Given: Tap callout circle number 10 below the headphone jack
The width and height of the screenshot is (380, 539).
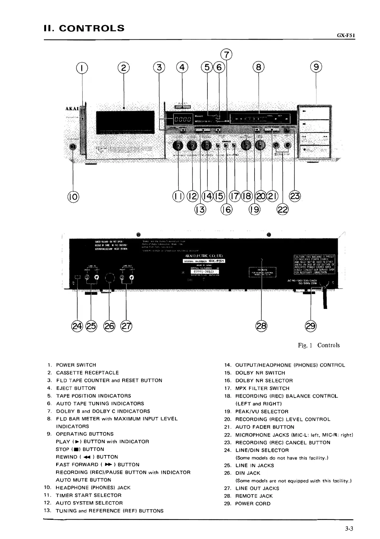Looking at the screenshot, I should point(74,196).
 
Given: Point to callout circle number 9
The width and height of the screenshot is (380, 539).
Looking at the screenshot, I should point(316,67).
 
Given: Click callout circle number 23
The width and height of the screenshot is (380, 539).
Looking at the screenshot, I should point(295,196).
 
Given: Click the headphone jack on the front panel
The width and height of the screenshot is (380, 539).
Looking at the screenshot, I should point(74,147).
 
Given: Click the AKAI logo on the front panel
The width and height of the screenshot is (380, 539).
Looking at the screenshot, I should point(72,108).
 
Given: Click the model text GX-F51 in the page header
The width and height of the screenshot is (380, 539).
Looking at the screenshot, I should point(346,36).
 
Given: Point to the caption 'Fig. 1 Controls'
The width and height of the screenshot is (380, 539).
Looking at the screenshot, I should point(319,345).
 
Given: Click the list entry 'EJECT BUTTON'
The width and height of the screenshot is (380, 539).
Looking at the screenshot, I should point(76,388).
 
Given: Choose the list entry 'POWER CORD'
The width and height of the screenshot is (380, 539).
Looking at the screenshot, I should point(253,503).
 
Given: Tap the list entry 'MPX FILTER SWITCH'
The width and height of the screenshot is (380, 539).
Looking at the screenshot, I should point(262,388).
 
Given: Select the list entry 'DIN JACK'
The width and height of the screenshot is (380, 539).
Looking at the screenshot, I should point(248,473).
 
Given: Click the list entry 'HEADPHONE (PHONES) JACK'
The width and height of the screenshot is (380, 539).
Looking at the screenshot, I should point(93,488).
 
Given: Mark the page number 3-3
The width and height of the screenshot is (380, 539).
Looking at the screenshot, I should point(349,529).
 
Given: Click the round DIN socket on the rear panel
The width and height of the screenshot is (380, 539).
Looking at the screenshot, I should point(110,278).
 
